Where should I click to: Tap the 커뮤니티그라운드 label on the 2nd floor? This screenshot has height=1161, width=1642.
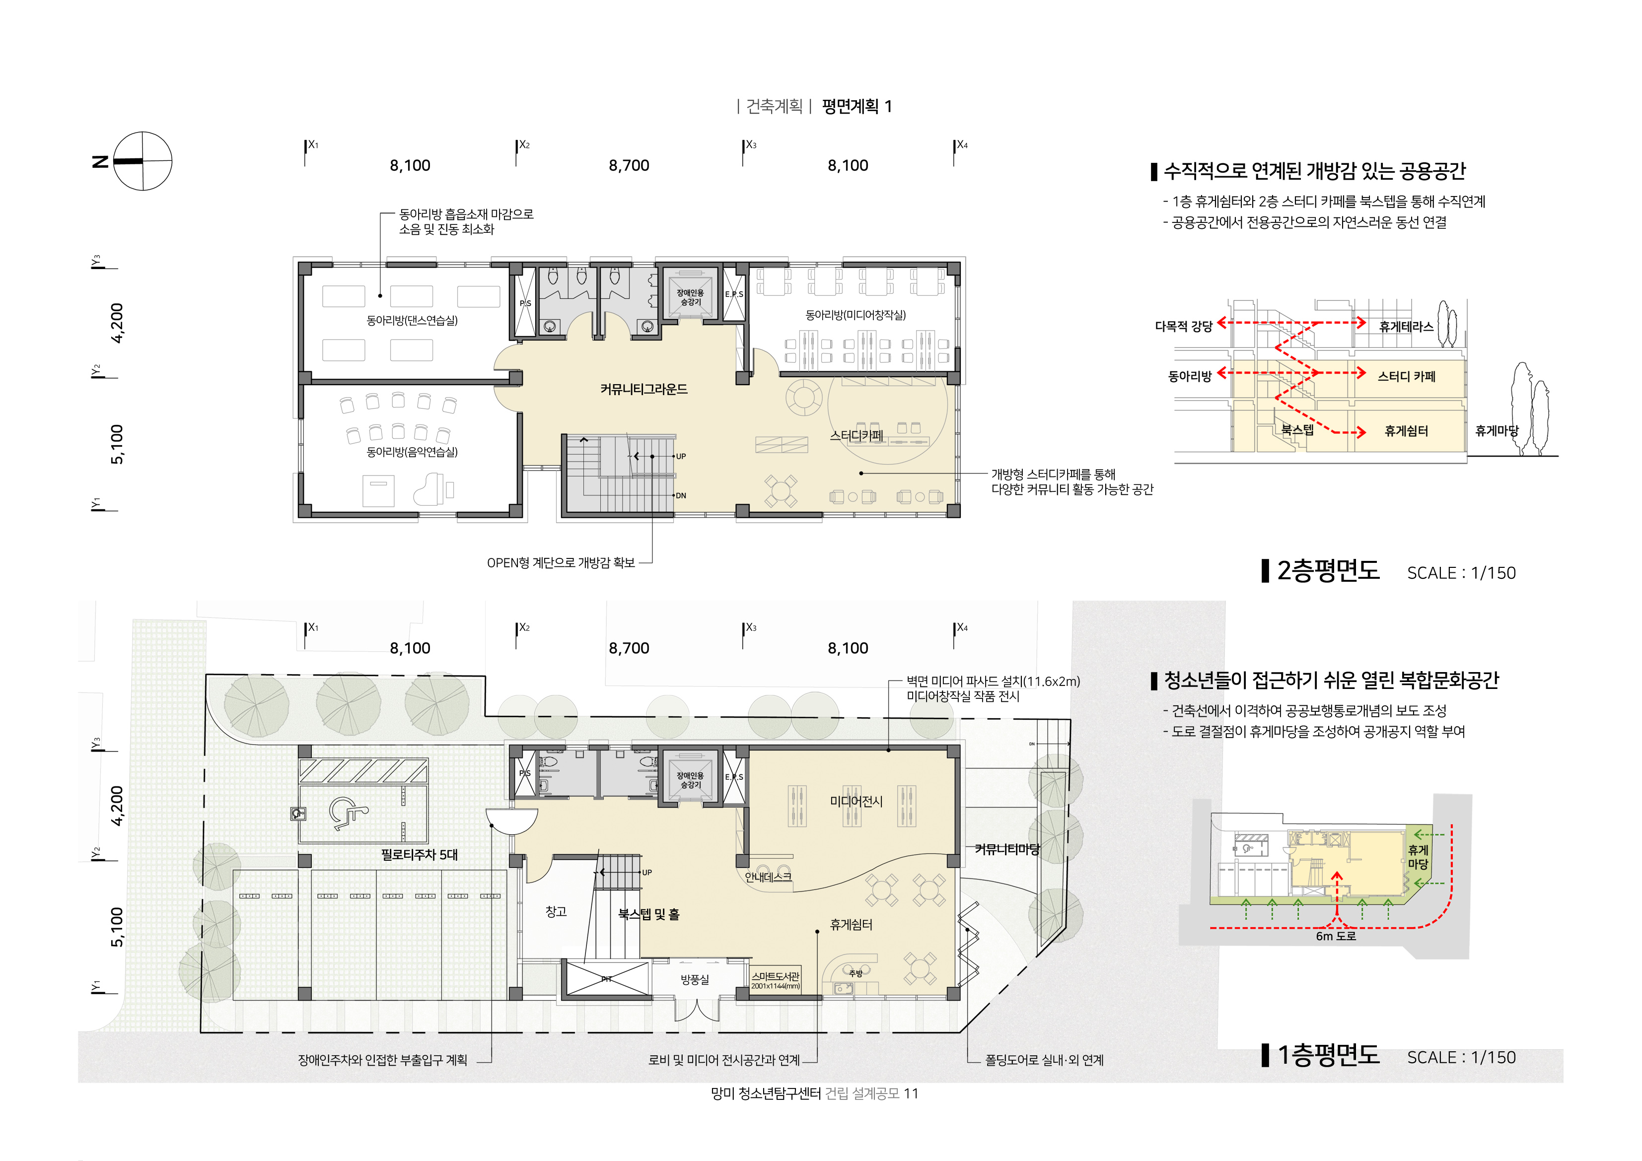pos(643,389)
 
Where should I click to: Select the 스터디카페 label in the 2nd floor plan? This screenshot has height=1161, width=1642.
pos(857,435)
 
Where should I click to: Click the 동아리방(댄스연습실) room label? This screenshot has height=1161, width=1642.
pos(412,320)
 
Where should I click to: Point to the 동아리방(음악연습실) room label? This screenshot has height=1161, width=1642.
pos(412,452)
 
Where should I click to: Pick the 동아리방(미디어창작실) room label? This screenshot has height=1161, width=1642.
pos(856,315)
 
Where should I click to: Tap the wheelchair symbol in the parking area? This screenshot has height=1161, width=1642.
pos(348,814)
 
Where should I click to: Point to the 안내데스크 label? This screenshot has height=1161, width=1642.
pos(768,877)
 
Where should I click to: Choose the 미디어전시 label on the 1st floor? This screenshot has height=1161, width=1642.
pos(856,802)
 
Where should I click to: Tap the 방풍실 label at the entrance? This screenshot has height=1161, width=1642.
pos(695,979)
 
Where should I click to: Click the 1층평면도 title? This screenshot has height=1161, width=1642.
pos(1328,1055)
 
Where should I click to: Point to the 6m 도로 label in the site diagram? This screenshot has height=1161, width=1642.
pos(1336,936)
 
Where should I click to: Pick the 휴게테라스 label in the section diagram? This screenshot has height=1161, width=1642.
pos(1406,327)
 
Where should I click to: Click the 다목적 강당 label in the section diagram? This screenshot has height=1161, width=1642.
pos(1184,327)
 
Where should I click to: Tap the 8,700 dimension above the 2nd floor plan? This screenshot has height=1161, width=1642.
pos(629,166)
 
